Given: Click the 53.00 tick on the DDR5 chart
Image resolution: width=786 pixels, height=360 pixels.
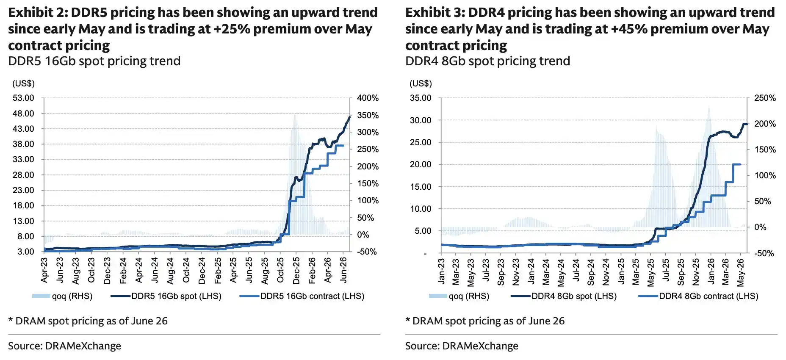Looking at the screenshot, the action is pyautogui.click(x=23, y=98).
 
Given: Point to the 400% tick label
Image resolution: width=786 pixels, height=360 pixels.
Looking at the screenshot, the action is pyautogui.click(x=368, y=98).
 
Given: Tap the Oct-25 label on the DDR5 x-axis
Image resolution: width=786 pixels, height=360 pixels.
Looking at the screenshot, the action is pyautogui.click(x=280, y=270).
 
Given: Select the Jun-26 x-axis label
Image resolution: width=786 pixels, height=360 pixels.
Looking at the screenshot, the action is pyautogui.click(x=343, y=270).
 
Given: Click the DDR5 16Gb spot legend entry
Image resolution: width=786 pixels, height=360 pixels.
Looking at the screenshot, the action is pyautogui.click(x=166, y=296).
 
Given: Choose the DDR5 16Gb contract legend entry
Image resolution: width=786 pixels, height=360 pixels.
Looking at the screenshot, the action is pyautogui.click(x=302, y=296).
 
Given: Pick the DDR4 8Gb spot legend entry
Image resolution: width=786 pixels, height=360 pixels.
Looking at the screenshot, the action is pyautogui.click(x=564, y=296).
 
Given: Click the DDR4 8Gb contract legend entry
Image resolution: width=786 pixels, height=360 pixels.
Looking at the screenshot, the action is pyautogui.click(x=698, y=296).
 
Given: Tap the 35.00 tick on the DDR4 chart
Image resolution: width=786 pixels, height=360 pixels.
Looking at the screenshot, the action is pyautogui.click(x=421, y=98).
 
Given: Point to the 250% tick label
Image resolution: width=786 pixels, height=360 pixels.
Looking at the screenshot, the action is pyautogui.click(x=765, y=98).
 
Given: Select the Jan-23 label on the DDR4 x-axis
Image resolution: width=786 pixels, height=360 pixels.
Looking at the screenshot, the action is pyautogui.click(x=441, y=271).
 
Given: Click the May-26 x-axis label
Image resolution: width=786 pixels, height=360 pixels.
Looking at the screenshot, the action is pyautogui.click(x=740, y=272).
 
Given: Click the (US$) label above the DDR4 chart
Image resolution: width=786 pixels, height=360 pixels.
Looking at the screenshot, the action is pyautogui.click(x=421, y=83).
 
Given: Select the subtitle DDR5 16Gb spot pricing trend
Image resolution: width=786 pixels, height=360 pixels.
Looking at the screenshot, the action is pyautogui.click(x=94, y=61).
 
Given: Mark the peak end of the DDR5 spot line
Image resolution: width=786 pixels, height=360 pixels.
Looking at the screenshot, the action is pyautogui.click(x=350, y=117).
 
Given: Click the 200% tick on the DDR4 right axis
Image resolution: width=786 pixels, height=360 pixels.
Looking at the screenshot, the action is pyautogui.click(x=765, y=124).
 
